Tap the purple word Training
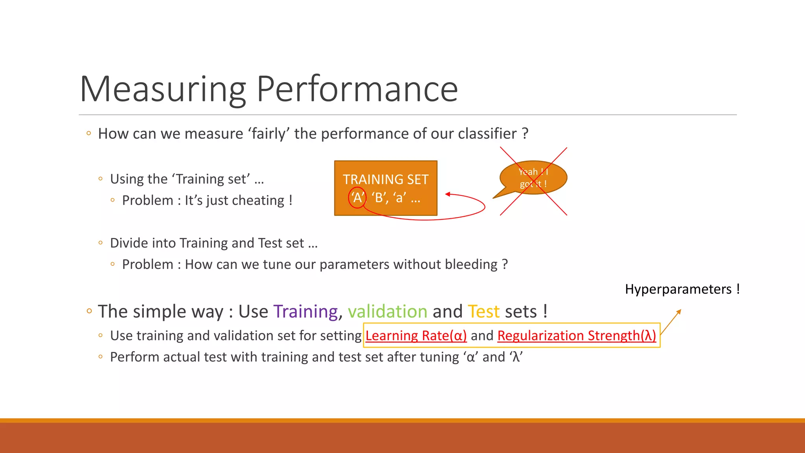pyautogui.click(x=305, y=311)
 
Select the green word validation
pyautogui.click(x=387, y=311)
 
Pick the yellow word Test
pyautogui.click(x=483, y=311)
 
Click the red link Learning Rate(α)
pyautogui.click(x=416, y=335)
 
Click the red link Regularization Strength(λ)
pyautogui.click(x=576, y=335)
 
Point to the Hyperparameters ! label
pyautogui.click(x=682, y=289)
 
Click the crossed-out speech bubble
pyautogui.click(x=533, y=178)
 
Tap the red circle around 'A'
pyautogui.click(x=357, y=197)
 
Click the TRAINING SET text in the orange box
pyautogui.click(x=386, y=180)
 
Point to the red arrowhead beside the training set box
pyautogui.click(x=448, y=194)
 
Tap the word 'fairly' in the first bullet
pyautogui.click(x=269, y=134)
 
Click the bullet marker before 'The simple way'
pyautogui.click(x=89, y=311)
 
